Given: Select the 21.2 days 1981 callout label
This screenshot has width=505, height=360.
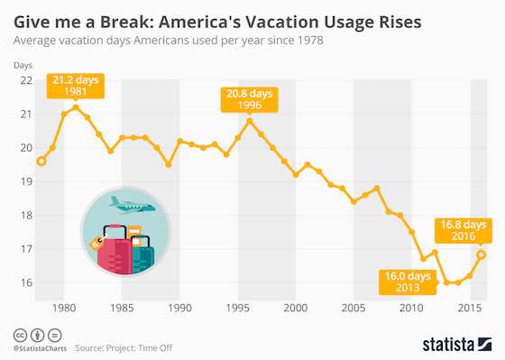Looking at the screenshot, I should [x=76, y=86].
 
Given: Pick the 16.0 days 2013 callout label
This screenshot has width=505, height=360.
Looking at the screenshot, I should [x=409, y=281].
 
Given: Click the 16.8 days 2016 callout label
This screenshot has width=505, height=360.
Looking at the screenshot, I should [x=463, y=230].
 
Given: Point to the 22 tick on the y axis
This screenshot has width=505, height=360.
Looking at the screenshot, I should [x=26, y=80].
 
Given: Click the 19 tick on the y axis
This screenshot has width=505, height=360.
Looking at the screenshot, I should [x=26, y=181].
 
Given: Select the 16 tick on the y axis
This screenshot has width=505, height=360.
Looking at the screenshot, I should [x=26, y=282].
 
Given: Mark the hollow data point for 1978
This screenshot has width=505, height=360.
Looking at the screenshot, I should [x=41, y=162].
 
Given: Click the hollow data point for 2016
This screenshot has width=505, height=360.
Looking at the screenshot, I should [x=481, y=254].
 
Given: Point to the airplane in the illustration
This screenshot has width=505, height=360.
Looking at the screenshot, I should [x=132, y=205].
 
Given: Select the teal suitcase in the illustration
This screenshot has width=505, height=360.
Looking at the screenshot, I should [x=142, y=255].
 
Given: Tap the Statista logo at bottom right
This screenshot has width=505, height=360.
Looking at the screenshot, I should [x=455, y=344].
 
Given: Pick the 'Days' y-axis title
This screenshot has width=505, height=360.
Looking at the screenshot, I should [x=23, y=65].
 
